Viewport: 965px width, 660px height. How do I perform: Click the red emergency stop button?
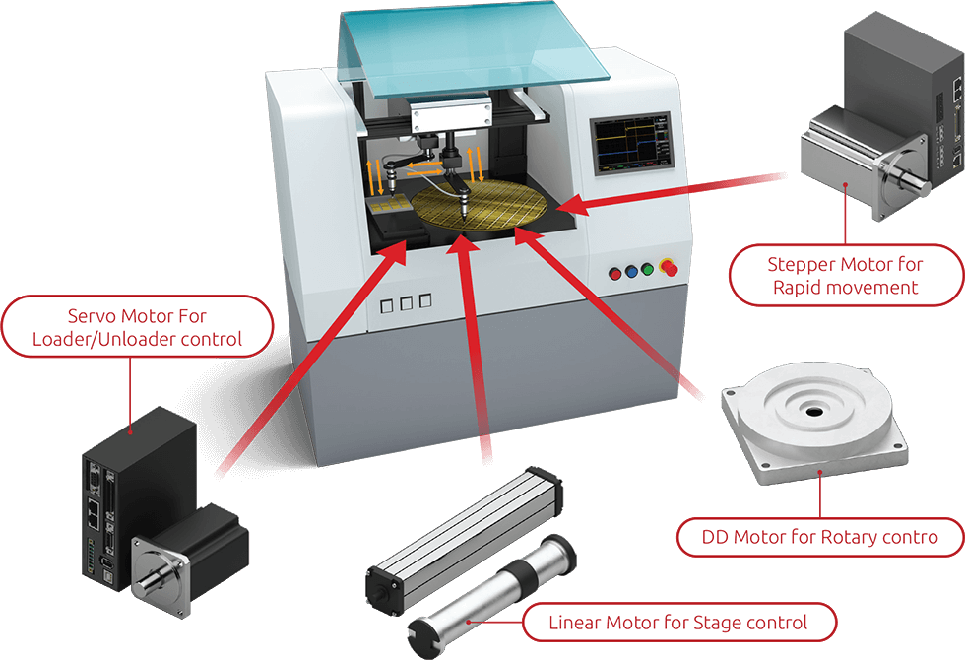(x=669, y=268)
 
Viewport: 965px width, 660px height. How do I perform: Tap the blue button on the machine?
(x=631, y=271)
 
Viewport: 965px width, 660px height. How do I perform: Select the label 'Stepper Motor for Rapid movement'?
(x=846, y=276)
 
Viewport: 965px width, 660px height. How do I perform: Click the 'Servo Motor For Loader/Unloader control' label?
(x=137, y=327)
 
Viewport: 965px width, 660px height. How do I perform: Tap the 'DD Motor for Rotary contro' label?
(x=819, y=537)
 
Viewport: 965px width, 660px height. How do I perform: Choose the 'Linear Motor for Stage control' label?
(x=678, y=623)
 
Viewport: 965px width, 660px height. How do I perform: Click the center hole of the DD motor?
(x=813, y=411)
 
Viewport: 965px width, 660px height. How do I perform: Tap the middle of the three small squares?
(x=406, y=303)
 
